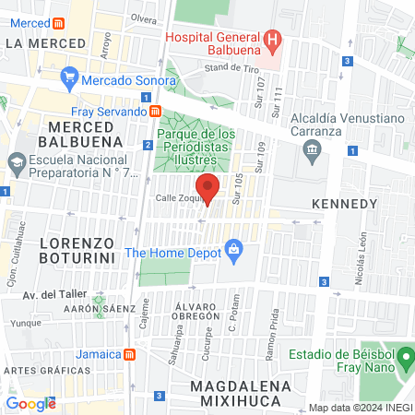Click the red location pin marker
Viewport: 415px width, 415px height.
[x=207, y=188]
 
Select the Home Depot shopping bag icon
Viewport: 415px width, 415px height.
[x=234, y=248]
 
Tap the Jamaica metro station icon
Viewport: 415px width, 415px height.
[x=130, y=354]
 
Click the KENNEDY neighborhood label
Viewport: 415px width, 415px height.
[x=344, y=203]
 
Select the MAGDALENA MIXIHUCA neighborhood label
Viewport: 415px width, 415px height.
[x=240, y=392]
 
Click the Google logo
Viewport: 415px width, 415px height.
[x=30, y=403]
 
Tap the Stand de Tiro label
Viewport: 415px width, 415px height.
[x=229, y=67]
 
